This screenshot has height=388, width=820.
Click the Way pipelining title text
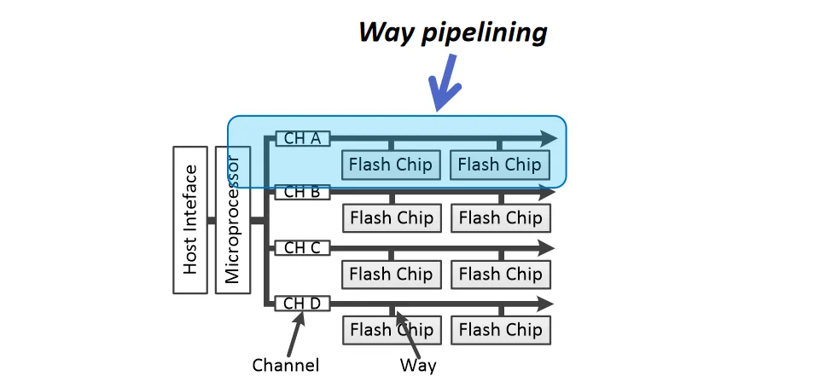point(452,32)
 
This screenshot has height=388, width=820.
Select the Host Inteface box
point(190,219)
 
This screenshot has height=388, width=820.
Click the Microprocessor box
point(233,219)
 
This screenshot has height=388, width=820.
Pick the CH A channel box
point(302,138)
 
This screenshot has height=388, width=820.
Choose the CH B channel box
point(302,193)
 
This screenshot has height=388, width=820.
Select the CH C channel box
point(302,248)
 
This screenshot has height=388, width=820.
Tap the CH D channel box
point(302,304)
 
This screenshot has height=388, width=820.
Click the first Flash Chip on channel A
point(391,164)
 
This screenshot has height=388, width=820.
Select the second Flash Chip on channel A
point(500,164)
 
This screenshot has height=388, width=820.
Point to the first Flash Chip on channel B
point(391,218)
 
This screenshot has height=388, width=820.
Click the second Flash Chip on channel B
point(500,218)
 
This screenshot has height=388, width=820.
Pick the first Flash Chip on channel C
point(391,274)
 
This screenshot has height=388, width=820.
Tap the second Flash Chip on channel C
point(500,274)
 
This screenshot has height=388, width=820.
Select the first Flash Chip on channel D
point(391,329)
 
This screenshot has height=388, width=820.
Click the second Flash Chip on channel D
point(500,329)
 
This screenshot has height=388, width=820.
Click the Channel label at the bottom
point(286,366)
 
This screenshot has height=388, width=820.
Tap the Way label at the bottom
point(418,366)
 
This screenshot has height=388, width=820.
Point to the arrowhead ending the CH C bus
point(546,248)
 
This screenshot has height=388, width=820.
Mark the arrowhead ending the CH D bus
point(546,304)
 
